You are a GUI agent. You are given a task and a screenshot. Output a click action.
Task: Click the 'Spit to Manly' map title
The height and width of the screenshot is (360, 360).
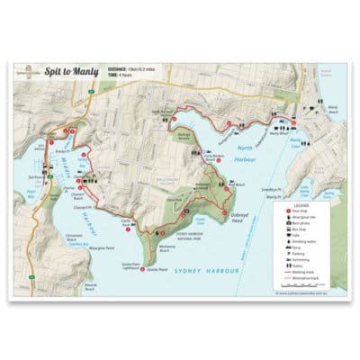point(66,68)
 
